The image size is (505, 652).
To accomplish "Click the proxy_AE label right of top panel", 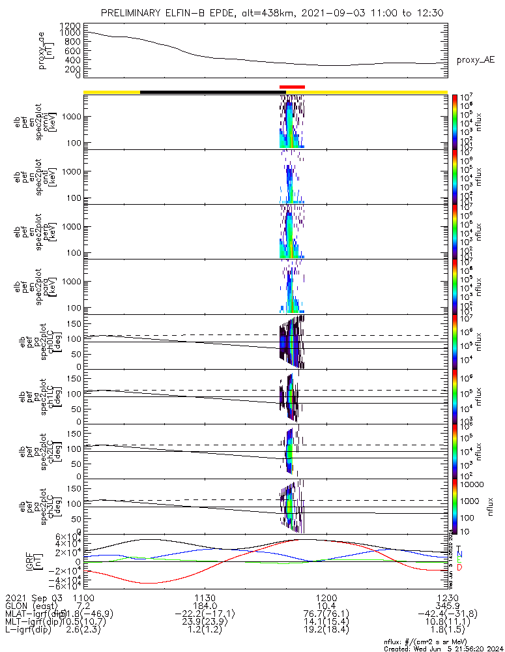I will click(475, 60).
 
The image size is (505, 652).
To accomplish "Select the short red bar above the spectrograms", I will click(292, 87).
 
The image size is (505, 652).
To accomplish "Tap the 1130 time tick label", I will click(205, 597).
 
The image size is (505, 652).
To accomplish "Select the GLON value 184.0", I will click(205, 606).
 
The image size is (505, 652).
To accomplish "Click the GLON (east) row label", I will click(33, 606).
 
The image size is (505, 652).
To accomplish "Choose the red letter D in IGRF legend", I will click(459, 568).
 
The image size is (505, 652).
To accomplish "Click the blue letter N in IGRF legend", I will click(459, 554).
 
